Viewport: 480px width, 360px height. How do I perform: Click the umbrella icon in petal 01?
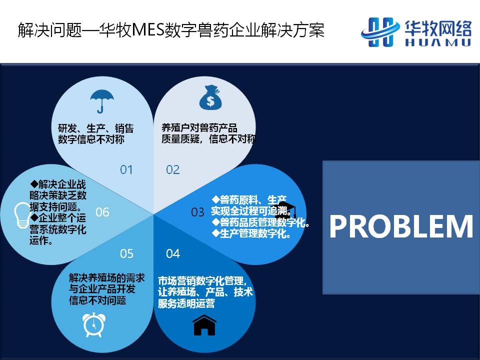[101, 101]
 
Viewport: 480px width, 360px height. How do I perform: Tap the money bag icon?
[210, 97]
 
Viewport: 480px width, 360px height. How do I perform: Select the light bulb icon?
[23, 215]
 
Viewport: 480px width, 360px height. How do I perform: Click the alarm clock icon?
[94, 325]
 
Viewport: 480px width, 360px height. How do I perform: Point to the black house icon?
[204, 325]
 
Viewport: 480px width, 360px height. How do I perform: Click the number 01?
[126, 169]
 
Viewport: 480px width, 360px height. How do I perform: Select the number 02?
[172, 169]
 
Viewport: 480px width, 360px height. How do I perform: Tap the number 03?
[197, 212]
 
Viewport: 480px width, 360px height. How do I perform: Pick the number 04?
[173, 253]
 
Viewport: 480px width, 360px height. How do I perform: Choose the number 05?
[126, 253]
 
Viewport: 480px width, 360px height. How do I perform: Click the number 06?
[102, 212]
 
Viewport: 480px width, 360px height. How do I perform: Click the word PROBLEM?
[401, 226]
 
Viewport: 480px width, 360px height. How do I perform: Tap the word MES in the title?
[148, 30]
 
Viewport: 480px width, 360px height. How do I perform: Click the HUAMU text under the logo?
[438, 42]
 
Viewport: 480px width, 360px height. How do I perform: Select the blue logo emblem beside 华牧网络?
[380, 32]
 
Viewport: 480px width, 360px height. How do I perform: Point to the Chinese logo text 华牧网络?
[438, 28]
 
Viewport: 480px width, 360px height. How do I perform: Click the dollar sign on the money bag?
[210, 101]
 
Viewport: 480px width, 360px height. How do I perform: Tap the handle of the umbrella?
[100, 107]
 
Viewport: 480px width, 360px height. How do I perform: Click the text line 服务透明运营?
[186, 303]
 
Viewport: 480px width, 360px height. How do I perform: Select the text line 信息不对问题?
[97, 300]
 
